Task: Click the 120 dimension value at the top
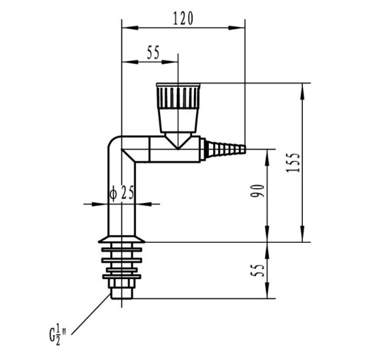point(183,18)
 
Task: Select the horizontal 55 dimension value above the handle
point(154,53)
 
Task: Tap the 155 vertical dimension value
point(293,163)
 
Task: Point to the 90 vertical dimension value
point(257,191)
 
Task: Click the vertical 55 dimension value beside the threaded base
point(257,271)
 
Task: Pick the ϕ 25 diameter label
point(122,192)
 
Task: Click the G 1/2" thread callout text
point(58,335)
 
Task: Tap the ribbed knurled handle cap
point(178,96)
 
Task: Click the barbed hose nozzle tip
point(225,148)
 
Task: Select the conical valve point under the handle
point(178,141)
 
